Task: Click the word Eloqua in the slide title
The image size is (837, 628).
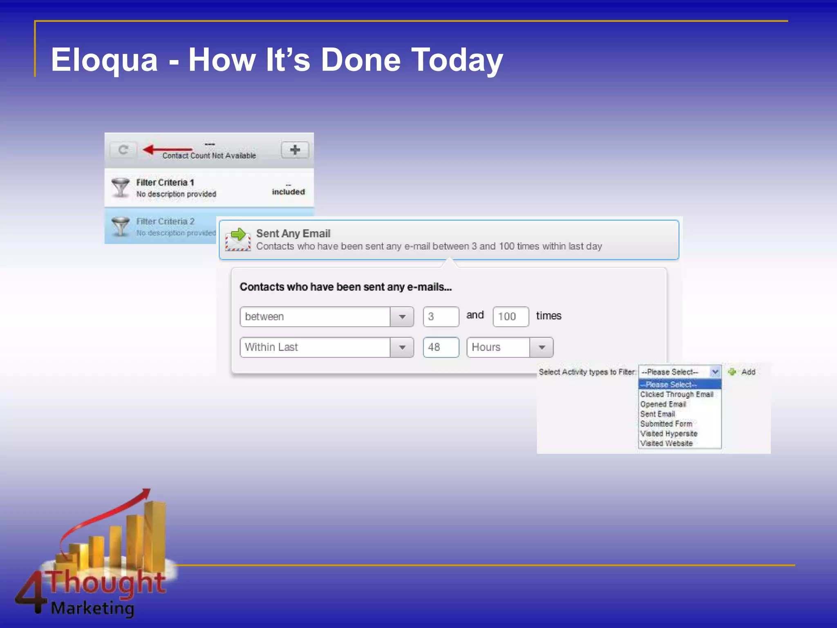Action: pos(104,61)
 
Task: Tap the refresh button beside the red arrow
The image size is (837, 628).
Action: pos(123,150)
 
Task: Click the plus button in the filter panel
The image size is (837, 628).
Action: pos(295,150)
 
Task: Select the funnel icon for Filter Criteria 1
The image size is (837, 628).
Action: pos(121,187)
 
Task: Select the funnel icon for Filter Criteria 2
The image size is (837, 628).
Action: pos(121,226)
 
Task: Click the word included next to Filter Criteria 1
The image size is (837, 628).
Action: pos(288,192)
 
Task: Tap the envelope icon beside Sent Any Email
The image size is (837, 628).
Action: pos(238,240)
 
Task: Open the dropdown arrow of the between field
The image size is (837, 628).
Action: pos(402,317)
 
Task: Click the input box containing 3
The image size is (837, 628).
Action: pos(441,317)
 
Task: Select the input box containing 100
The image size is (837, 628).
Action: pos(510,317)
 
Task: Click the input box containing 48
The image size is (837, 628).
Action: pos(441,348)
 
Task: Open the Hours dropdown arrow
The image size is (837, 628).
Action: pos(542,348)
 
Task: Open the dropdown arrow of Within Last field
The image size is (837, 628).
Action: pos(402,348)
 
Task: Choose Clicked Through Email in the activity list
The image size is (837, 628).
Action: pos(676,395)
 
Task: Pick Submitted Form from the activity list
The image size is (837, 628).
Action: pos(666,424)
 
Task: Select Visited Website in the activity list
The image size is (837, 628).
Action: pos(666,444)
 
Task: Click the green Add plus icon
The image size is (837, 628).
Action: pos(732,372)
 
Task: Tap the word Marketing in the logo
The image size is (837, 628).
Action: pos(92,608)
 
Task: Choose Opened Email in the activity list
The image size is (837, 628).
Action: pos(663,404)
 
